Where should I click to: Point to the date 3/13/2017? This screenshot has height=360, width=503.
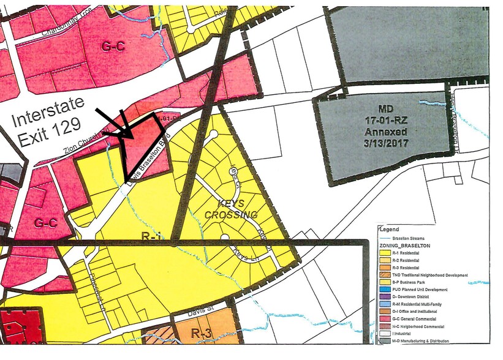(383, 143)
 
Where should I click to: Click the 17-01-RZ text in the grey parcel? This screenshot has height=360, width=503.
(384, 121)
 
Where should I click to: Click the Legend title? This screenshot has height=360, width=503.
(390, 229)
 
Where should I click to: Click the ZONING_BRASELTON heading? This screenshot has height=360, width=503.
(404, 244)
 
